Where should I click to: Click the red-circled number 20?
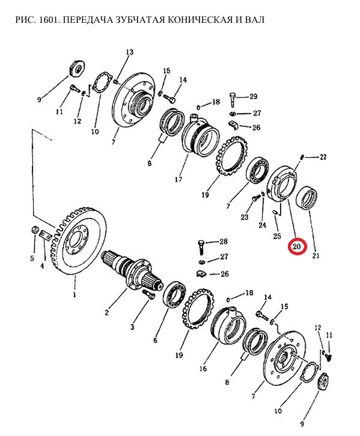[297, 247]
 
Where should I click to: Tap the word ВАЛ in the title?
[254, 20]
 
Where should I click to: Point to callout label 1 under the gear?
[75, 295]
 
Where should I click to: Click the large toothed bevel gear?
[79, 241]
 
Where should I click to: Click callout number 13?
[129, 52]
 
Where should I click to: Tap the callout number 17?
[178, 180]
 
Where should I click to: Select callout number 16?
[203, 368]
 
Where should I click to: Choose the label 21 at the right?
[316, 255]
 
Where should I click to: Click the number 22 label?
[323, 157]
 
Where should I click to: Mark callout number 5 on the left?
[32, 259]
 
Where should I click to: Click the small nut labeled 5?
[34, 230]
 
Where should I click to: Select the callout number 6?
[155, 340]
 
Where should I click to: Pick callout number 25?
[277, 236]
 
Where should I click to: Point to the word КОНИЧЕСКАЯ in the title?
[199, 20]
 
